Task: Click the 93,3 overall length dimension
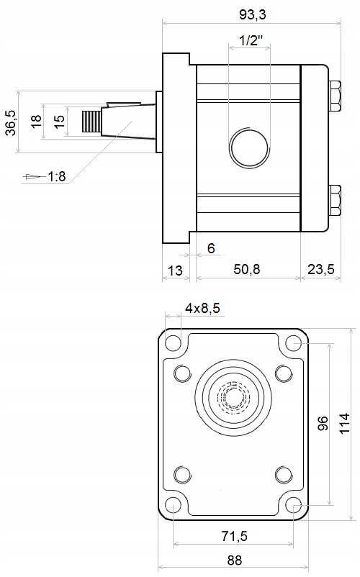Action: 252,14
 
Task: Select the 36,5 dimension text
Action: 11,122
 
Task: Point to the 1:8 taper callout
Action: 57,177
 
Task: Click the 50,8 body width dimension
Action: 247,269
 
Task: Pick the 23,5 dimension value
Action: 321,269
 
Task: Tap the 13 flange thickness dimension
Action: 175,271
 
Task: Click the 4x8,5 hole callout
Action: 202,308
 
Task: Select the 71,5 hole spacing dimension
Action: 235,536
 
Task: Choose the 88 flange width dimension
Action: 235,560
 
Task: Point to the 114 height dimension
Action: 344,424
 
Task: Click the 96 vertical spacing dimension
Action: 323,424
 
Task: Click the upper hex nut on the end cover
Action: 334,96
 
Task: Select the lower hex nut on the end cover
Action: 334,201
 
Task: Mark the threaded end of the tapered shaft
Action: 91,121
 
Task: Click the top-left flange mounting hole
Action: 173,343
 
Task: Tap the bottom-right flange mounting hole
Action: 294,505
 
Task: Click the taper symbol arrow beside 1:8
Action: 34,177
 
